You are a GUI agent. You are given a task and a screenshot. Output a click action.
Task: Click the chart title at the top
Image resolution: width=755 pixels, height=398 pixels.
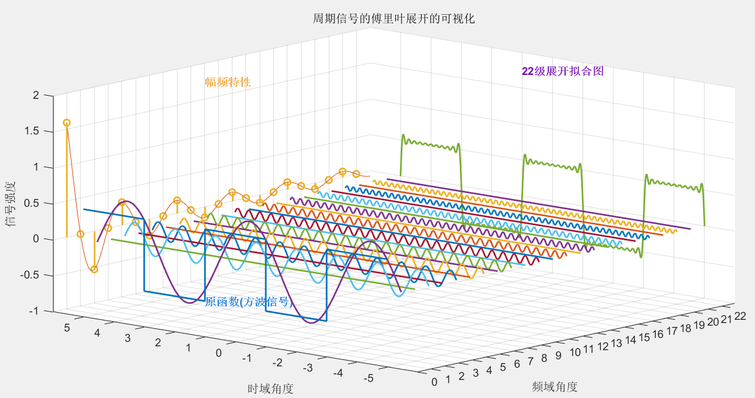coord(394,19)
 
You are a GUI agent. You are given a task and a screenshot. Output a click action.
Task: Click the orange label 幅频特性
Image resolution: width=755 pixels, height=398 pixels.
coord(227,82)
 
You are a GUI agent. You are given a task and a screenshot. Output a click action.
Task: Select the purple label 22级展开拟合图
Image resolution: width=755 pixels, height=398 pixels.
coord(563,71)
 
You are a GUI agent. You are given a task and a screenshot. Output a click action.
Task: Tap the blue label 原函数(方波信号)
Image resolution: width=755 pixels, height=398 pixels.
coord(249,302)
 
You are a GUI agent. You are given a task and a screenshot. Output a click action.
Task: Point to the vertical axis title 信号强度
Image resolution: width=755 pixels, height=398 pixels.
coord(11,204)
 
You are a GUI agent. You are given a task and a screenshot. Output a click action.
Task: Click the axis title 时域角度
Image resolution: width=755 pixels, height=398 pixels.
coord(271,388)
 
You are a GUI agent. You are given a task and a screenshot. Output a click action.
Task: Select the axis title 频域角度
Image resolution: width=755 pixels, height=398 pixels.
coord(555,386)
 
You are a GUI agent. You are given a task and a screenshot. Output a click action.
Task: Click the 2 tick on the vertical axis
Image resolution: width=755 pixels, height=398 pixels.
coord(36,96)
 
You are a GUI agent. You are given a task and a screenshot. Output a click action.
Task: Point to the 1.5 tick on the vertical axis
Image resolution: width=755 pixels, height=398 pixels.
coord(32,131)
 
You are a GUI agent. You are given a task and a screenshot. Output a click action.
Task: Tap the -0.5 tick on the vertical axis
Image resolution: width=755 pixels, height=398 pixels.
coord(30,275)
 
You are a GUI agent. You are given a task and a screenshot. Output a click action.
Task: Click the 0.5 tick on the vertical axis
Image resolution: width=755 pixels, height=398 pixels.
coord(32,203)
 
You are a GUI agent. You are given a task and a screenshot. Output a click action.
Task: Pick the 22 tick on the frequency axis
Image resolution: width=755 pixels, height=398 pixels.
coord(740,316)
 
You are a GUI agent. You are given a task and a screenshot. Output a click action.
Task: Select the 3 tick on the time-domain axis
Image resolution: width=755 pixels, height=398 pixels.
coord(127,338)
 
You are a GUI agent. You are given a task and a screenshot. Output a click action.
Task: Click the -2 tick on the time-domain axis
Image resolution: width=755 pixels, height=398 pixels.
coord(278,362)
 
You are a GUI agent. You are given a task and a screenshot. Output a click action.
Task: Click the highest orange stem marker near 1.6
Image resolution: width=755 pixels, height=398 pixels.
coord(67,123)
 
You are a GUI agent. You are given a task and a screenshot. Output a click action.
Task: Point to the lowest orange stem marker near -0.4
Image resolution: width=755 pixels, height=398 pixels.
coord(94,269)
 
